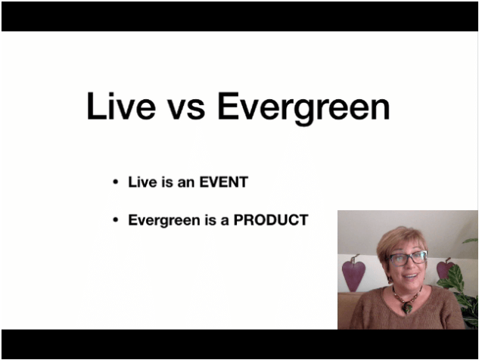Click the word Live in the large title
click(121, 106)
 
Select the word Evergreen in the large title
click(303, 109)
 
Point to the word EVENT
click(223, 182)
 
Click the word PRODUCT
click(271, 220)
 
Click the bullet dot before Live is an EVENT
click(115, 182)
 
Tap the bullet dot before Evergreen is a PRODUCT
click(115, 220)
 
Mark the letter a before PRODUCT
click(225, 222)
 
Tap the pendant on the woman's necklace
click(406, 307)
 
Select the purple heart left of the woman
click(353, 274)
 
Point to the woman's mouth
click(411, 276)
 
